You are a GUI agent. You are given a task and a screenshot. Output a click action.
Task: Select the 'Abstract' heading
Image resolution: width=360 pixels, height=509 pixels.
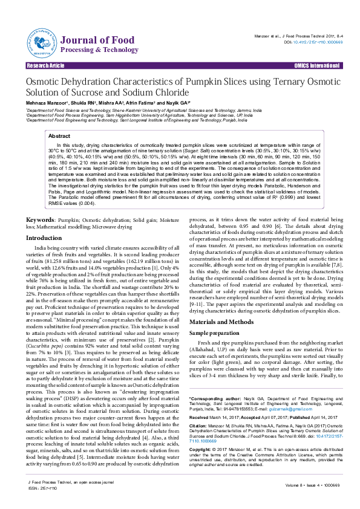(x=59, y=137)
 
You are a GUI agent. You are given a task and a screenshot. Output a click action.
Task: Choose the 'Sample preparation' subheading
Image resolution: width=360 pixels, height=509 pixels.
(x=214, y=333)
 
